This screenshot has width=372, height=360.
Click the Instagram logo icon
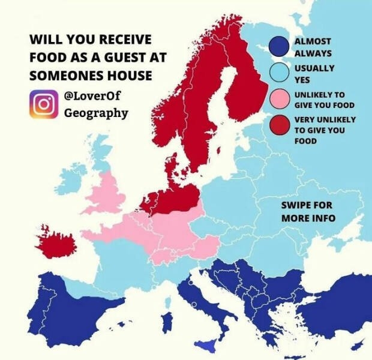click(43, 103)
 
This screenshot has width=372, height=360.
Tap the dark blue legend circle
click(280, 47)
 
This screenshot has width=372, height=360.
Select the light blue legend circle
click(280, 73)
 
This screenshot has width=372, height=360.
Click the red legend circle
click(280, 125)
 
